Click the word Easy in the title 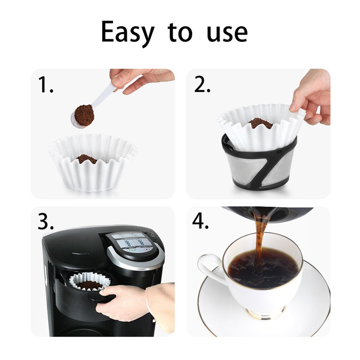click(127, 33)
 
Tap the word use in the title click(227, 33)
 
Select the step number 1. click(46, 85)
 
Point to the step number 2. click(202, 85)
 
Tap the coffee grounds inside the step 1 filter click(87, 159)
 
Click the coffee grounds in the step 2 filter click(261, 123)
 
